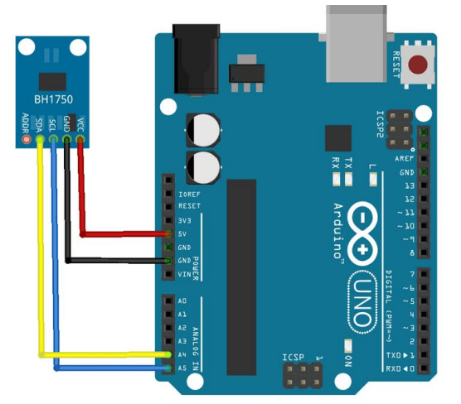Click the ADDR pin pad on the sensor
(27, 142)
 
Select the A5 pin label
(182, 367)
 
